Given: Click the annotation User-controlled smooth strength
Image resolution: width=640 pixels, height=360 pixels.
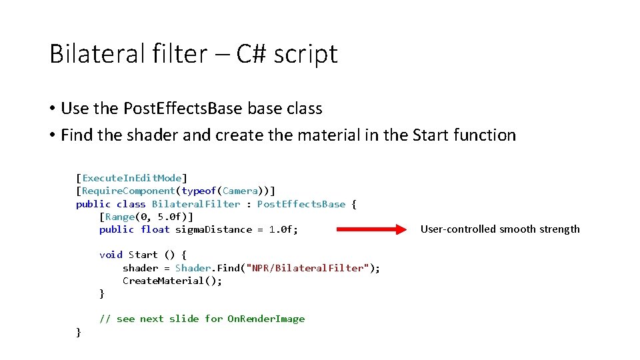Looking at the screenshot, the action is tap(500, 229).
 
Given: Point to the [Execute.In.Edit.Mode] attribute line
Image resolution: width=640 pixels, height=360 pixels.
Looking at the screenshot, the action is tap(132, 178).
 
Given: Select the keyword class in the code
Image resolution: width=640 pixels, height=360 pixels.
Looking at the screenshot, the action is tap(131, 204).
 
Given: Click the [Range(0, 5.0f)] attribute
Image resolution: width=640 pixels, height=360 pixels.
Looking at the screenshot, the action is tap(146, 217).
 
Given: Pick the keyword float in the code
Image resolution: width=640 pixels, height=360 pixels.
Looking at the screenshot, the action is tap(155, 229).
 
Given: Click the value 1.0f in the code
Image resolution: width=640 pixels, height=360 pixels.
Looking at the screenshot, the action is tap(281, 229).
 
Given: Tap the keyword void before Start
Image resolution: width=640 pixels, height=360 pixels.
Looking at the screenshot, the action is tap(111, 255).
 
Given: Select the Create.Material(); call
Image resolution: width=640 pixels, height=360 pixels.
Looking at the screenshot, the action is tap(172, 281).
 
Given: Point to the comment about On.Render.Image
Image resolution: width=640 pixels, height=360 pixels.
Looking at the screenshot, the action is tap(202, 319).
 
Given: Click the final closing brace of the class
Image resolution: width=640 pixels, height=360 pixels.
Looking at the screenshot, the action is tap(79, 331).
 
